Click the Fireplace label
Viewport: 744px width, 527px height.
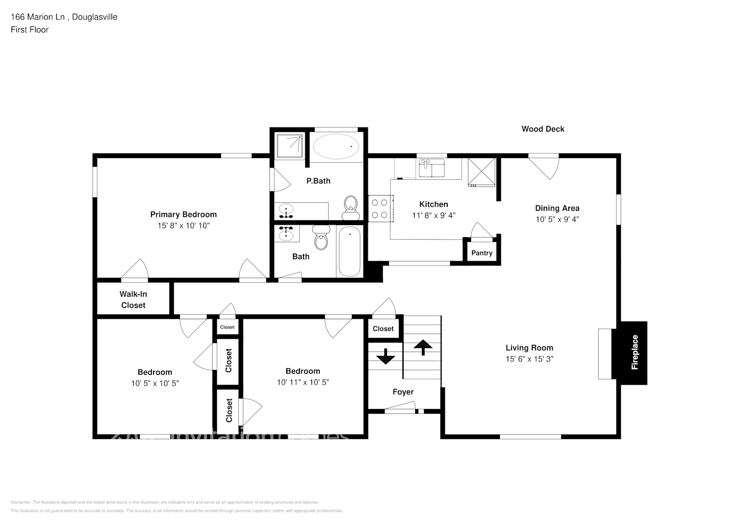tap(635, 353)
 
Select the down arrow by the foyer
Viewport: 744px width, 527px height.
tap(386, 356)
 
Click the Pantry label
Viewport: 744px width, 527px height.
tap(481, 253)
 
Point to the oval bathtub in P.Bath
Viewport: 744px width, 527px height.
tap(336, 146)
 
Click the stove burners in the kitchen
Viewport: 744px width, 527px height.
tap(380, 208)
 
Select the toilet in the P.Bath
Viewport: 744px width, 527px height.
tap(350, 208)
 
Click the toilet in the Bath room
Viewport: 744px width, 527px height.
tap(320, 238)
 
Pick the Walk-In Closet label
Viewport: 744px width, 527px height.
tap(133, 299)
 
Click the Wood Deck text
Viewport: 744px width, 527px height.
tap(542, 129)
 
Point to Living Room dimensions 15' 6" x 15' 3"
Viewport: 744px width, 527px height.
tap(529, 359)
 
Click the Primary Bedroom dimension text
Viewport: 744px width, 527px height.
tap(184, 226)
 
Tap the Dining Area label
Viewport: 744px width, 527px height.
tap(557, 208)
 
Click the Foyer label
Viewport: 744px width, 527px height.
tap(403, 392)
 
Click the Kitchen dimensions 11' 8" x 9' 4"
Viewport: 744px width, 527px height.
tap(434, 215)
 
